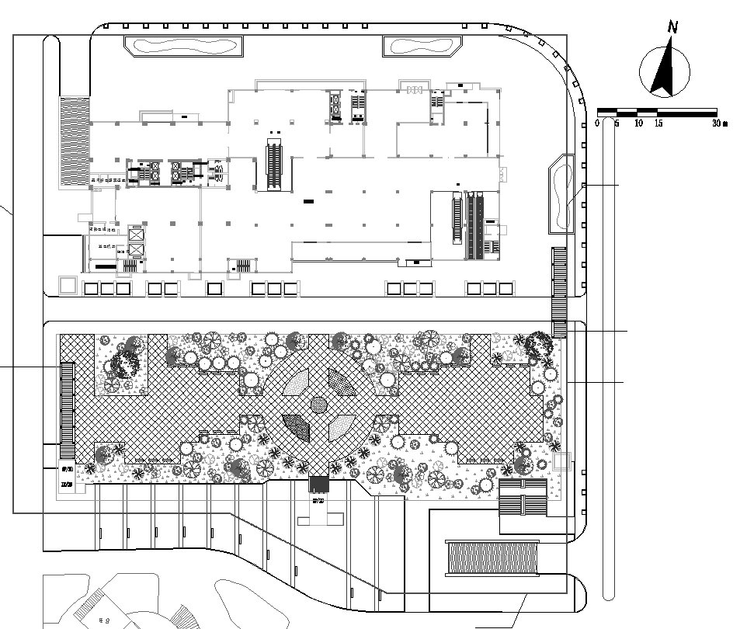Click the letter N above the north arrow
click(x=672, y=27)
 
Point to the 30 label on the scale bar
click(x=715, y=123)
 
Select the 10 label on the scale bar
click(x=638, y=123)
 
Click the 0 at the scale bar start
click(x=598, y=123)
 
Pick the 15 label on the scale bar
click(x=658, y=123)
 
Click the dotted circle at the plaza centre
click(x=318, y=404)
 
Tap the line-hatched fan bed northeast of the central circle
click(x=341, y=382)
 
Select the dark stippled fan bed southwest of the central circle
click(x=297, y=426)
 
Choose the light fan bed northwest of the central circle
click(x=296, y=381)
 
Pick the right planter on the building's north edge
click(x=422, y=47)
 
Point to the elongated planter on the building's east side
click(x=561, y=193)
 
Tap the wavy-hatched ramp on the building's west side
click(x=75, y=141)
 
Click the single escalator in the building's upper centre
click(x=273, y=163)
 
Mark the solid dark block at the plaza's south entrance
click(x=319, y=485)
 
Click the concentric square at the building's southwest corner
click(x=68, y=285)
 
